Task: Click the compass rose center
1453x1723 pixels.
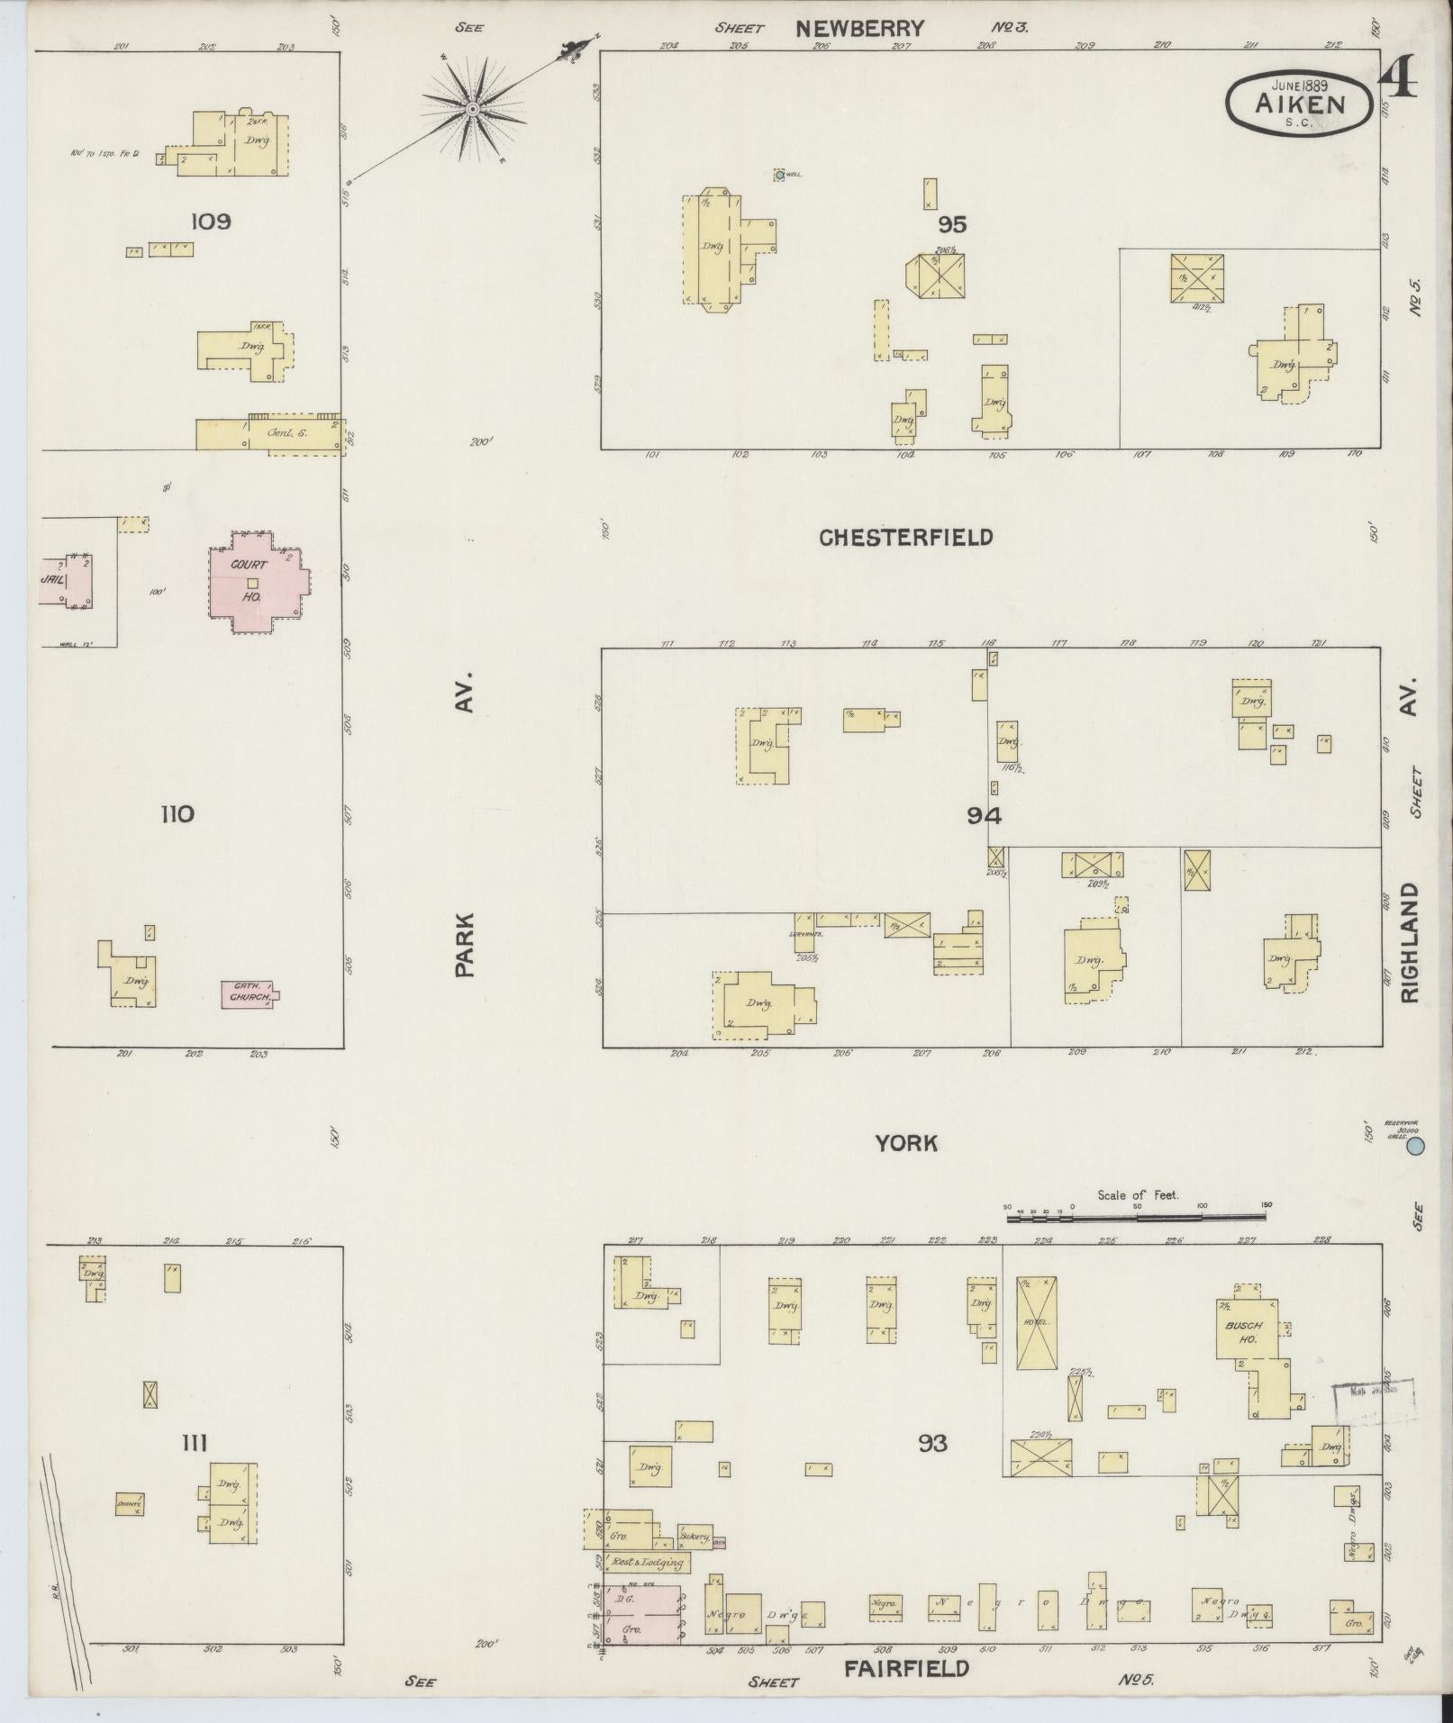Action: [x=471, y=110]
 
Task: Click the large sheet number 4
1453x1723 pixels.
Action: [x=1397, y=77]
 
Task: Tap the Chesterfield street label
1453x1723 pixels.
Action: [x=905, y=538]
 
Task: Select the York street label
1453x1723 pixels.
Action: [x=905, y=1143]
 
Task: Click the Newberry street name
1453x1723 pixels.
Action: [x=858, y=29]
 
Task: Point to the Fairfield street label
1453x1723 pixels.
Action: [x=905, y=1667]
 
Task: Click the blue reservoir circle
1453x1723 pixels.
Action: [x=1415, y=1146]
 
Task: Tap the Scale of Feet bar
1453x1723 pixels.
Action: [x=1137, y=1216]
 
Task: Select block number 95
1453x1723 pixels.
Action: [x=951, y=223]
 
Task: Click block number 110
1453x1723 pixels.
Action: [x=177, y=814]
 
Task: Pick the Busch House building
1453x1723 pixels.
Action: [x=1244, y=1332]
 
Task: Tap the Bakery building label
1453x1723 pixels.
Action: [x=695, y=1537]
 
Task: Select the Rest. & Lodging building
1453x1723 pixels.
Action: [x=645, y=1562]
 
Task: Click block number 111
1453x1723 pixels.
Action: [x=194, y=1443]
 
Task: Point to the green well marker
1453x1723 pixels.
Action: [x=779, y=174]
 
